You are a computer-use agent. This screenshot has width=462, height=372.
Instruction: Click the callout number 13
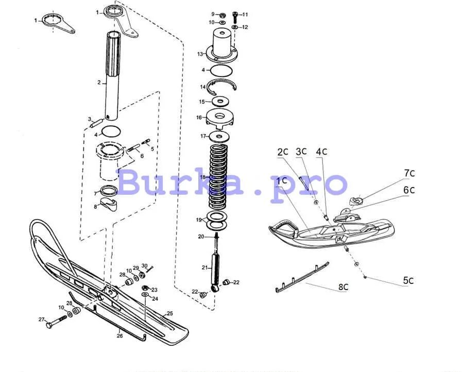pyautogui.click(x=200, y=53)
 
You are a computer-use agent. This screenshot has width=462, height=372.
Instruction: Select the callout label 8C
pyautogui.click(x=344, y=289)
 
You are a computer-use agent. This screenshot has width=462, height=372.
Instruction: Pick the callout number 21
pyautogui.click(x=204, y=267)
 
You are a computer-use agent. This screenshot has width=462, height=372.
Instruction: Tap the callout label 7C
pyautogui.click(x=409, y=173)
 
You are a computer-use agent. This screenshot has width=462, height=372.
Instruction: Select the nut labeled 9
pyautogui.click(x=221, y=14)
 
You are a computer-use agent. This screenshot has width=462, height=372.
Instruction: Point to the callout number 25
pyautogui.click(x=170, y=313)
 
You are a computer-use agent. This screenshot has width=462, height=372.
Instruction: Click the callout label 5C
pyautogui.click(x=408, y=281)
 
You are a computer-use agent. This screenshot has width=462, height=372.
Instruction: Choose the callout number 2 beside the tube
pyautogui.click(x=99, y=82)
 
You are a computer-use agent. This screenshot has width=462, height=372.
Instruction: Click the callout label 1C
pyautogui.click(x=281, y=181)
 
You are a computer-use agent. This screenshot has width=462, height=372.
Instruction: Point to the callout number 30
pyautogui.click(x=144, y=265)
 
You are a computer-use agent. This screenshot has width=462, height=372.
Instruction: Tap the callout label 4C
pyautogui.click(x=321, y=151)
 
